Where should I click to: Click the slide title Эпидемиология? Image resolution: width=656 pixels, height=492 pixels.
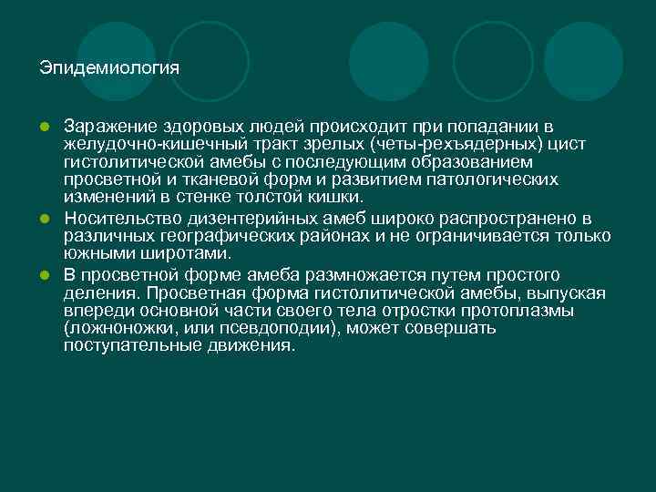[x=109, y=68]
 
